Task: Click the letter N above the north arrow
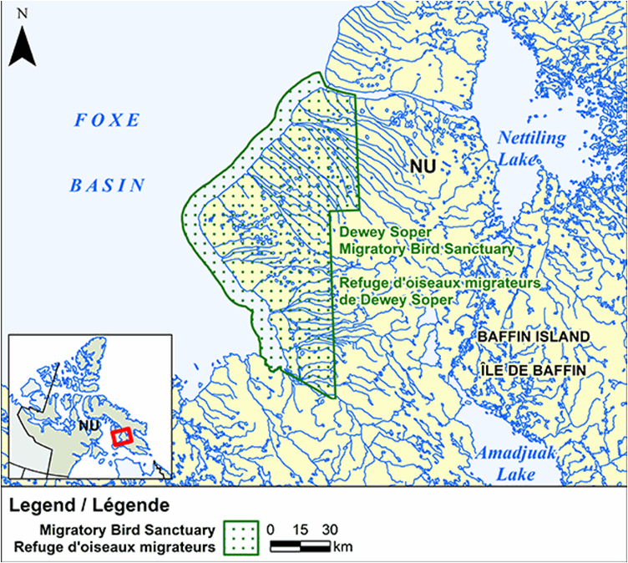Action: pyautogui.click(x=23, y=13)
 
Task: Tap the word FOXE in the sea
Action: pyautogui.click(x=107, y=120)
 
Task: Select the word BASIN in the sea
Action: pyautogui.click(x=107, y=185)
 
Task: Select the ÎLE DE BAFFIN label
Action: pyautogui.click(x=533, y=369)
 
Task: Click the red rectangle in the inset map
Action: pyautogui.click(x=122, y=437)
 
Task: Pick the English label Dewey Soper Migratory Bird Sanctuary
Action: pyautogui.click(x=424, y=241)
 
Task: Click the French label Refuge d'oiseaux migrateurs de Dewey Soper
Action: pyautogui.click(x=436, y=291)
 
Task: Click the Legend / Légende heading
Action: pyautogui.click(x=89, y=505)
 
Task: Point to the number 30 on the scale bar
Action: pyautogui.click(x=328, y=529)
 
